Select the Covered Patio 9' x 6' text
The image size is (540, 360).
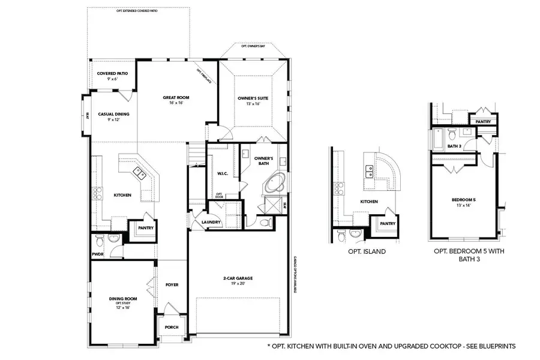(112, 76)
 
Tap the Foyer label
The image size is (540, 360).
(172, 284)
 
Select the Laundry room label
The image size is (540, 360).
(212, 222)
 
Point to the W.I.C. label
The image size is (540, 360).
(221, 173)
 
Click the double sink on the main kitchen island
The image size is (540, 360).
(140, 174)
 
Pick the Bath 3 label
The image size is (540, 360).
(455, 146)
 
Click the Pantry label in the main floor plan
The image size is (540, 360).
(146, 228)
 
